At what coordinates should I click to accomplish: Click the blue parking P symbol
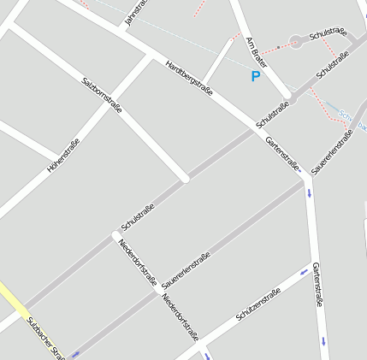pos(255,76)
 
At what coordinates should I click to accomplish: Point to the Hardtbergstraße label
pos(188,75)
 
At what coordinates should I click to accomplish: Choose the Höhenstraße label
pos(63,156)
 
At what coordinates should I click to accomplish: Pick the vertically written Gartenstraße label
pos(317,284)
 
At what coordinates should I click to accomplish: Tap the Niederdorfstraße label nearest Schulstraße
pos(138,261)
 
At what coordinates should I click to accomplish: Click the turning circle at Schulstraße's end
pos(296,40)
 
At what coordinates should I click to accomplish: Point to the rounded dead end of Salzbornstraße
pos(184,179)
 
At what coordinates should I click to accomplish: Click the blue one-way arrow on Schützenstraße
pos(304,273)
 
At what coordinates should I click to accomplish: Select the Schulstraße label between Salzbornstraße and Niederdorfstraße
pos(138,217)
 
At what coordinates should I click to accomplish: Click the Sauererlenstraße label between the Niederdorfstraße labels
pos(186,270)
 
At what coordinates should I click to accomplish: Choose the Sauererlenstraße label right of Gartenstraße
pos(333,152)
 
